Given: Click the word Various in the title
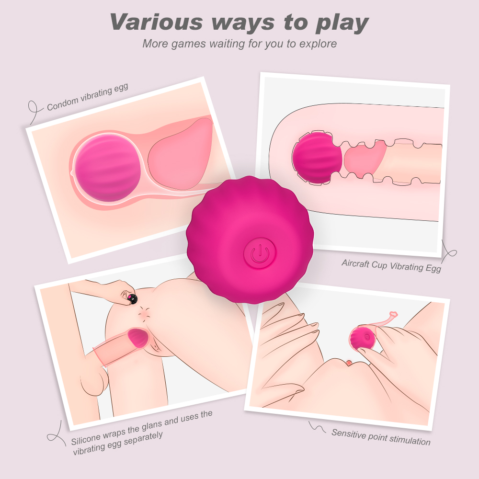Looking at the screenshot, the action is (x=156, y=22).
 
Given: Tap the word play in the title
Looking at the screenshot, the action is (x=342, y=23).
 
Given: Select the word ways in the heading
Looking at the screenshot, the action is (x=243, y=23).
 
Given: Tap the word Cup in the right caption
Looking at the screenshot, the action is (x=379, y=265).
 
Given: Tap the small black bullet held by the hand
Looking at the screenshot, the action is (x=132, y=299).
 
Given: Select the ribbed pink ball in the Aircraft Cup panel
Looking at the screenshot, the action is (x=317, y=158).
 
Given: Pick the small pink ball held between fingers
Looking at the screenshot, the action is (x=362, y=338).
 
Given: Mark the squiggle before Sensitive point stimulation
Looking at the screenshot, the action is (x=317, y=427).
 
